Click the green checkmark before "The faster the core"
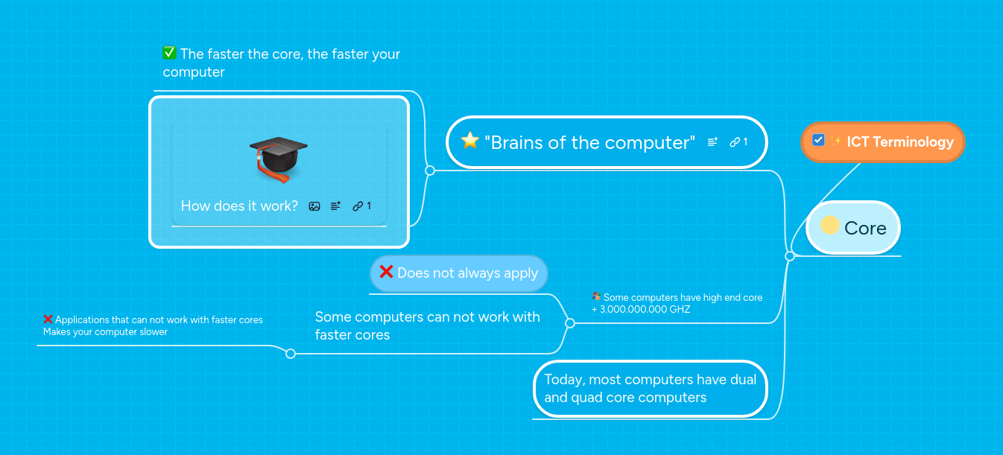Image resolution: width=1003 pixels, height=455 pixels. coord(169,53)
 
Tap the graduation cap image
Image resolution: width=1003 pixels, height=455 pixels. coord(278,159)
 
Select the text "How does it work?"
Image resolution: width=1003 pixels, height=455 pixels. coord(239,206)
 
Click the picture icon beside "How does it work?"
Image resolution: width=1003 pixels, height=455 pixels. coord(314,206)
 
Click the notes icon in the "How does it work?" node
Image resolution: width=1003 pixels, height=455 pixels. coord(335,206)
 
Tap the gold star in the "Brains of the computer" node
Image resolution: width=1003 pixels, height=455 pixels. coord(469,141)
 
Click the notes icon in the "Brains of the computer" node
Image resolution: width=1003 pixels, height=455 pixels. coord(712,142)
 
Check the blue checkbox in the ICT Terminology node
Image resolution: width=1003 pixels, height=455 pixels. coord(818,140)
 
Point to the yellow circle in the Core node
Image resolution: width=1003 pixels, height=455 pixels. coord(829,225)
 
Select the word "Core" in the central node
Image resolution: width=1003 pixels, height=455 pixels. coord(865,229)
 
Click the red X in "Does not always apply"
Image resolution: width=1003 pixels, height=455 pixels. coord(386,272)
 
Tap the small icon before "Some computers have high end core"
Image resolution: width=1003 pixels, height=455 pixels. coord(596,296)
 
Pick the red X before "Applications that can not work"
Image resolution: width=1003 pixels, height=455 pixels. coord(48,319)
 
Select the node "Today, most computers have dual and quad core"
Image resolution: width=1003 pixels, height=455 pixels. coord(650,389)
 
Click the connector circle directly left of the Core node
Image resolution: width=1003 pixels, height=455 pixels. coord(790,256)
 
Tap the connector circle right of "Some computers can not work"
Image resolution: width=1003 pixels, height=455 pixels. coord(570,323)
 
